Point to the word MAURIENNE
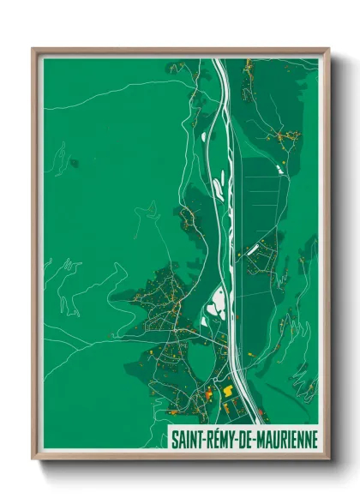[x=288, y=438]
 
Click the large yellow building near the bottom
[x=229, y=390]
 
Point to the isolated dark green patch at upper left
[x=75, y=162]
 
